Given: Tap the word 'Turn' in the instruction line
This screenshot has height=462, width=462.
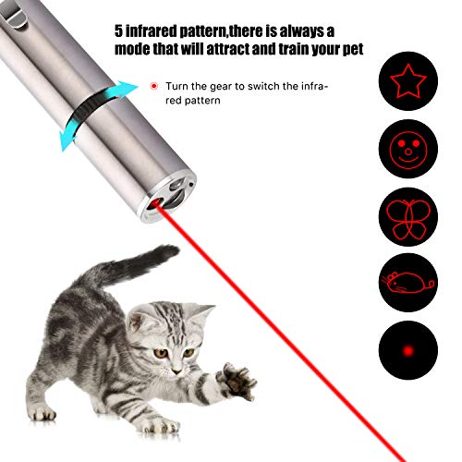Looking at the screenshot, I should [x=181, y=85].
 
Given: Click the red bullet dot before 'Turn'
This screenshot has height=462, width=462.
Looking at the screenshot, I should [x=154, y=86].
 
